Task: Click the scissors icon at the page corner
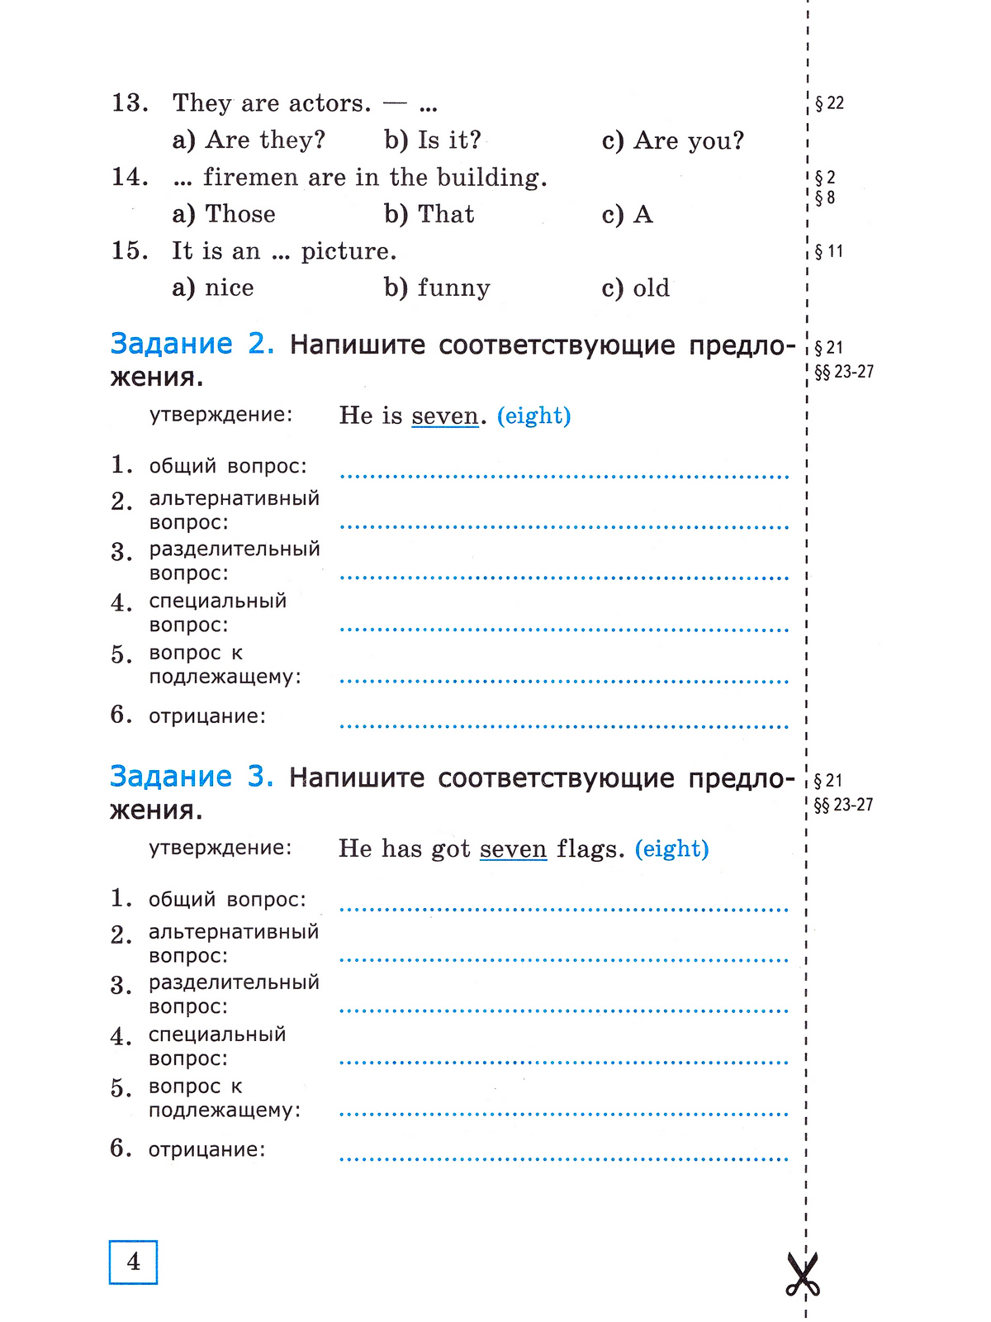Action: point(802,1274)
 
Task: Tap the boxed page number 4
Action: point(133,1262)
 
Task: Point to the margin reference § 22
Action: point(829,103)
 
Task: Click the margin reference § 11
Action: point(829,251)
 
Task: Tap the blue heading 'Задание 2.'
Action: point(192,344)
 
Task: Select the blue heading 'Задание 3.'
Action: point(192,777)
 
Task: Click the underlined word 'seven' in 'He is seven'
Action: point(445,416)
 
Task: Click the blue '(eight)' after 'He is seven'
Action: point(534,416)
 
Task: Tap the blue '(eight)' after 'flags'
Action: point(671,849)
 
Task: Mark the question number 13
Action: point(130,103)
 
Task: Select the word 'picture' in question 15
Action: point(347,251)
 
